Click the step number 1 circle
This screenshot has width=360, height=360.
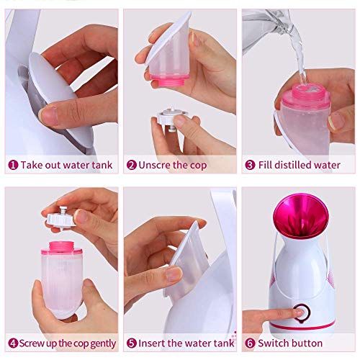(12, 165)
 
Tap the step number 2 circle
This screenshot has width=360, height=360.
(131, 165)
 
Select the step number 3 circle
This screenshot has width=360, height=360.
(250, 165)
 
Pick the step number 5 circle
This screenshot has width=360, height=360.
(131, 343)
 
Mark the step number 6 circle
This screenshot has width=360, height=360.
(250, 343)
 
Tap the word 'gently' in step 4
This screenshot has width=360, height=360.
(102, 343)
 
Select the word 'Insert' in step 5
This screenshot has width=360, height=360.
(153, 343)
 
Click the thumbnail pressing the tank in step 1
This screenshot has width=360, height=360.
(48, 114)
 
